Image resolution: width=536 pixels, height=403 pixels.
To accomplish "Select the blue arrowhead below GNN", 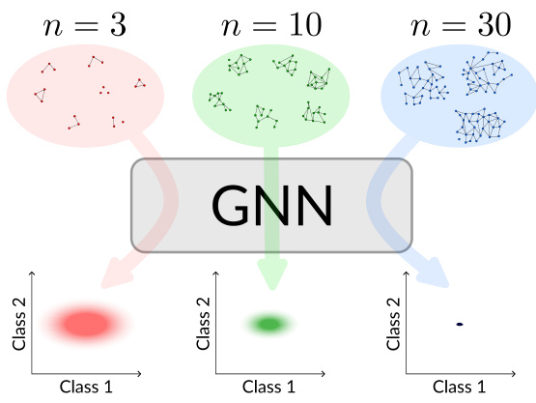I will [x=432, y=273].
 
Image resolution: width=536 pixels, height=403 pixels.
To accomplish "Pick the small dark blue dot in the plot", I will [x=459, y=324].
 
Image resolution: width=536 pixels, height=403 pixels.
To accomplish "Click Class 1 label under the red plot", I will [x=86, y=388].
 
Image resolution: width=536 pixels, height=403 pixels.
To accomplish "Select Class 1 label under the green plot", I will [x=269, y=388].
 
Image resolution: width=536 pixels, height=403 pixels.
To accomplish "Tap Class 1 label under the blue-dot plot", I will [x=459, y=388].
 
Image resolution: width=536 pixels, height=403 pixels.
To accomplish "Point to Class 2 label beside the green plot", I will [x=202, y=324].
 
